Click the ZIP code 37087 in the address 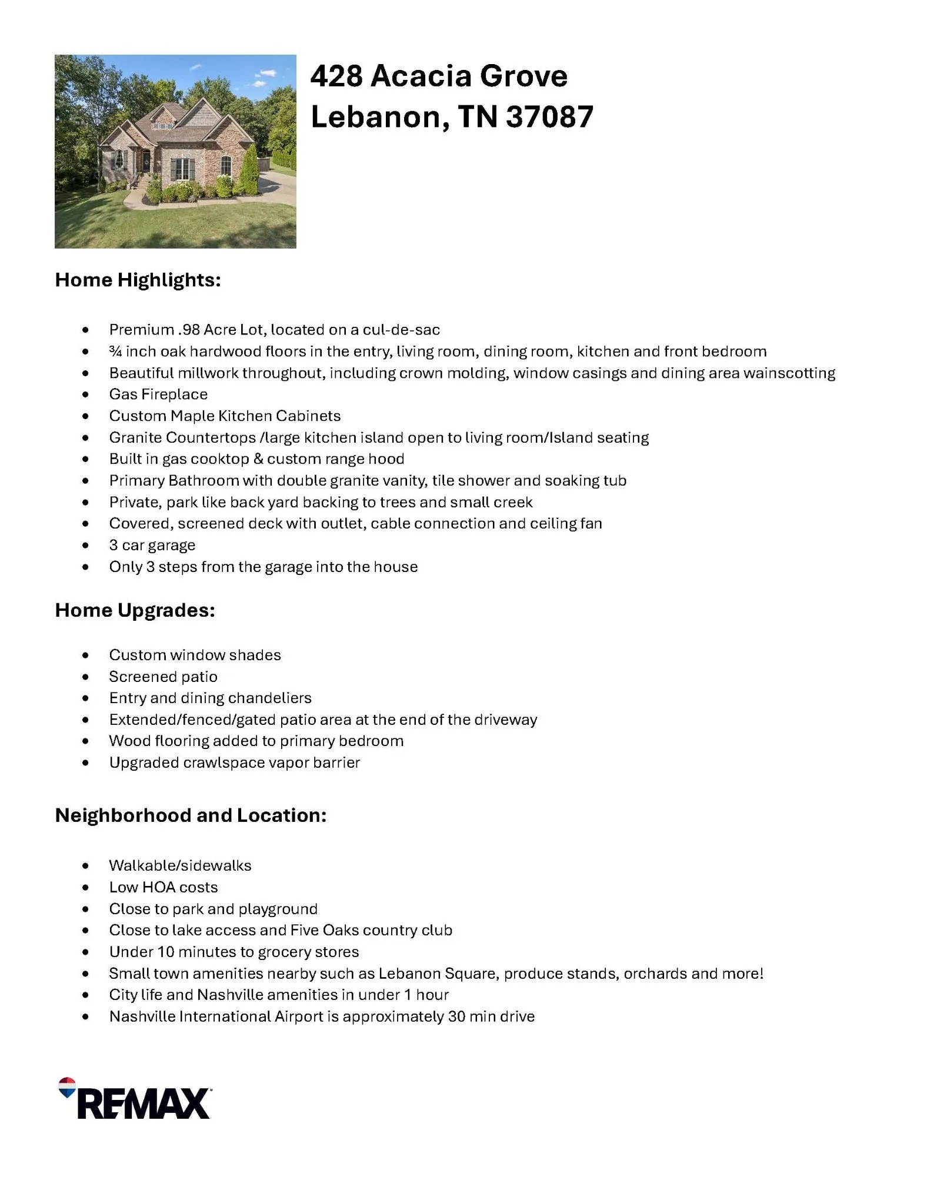(x=549, y=117)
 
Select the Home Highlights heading (x=138, y=280)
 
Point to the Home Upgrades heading (x=135, y=610)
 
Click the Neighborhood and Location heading (x=191, y=815)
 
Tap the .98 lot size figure (x=188, y=330)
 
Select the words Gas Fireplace (x=158, y=394)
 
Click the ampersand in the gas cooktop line (x=258, y=459)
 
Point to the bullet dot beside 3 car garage (x=86, y=546)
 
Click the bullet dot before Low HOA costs (x=86, y=888)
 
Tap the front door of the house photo (x=145, y=159)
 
